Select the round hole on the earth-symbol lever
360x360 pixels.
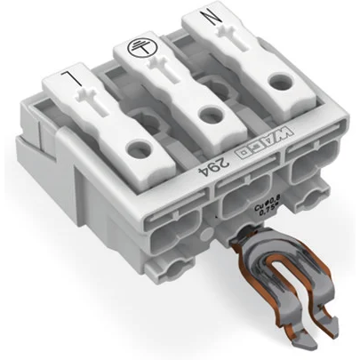click(210, 113)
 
